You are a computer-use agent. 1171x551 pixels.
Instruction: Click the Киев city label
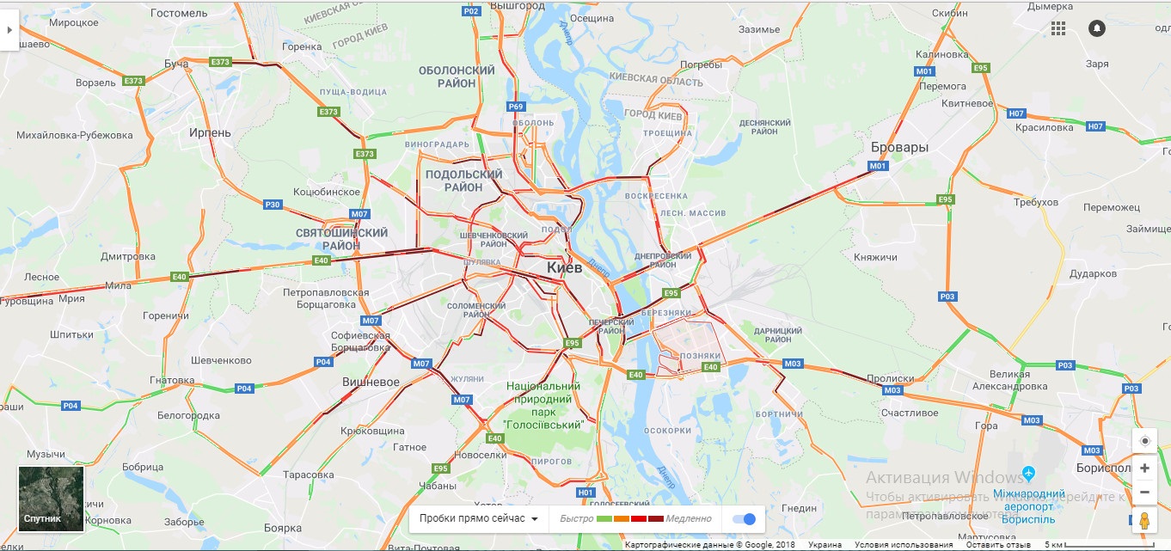(x=564, y=267)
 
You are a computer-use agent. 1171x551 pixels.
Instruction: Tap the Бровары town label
(x=899, y=147)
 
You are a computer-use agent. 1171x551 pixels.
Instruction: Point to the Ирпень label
(x=211, y=132)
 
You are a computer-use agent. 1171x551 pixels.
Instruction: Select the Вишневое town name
(x=371, y=382)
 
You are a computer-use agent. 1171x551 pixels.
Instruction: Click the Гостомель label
(x=179, y=13)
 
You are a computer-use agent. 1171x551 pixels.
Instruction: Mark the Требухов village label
(x=1036, y=201)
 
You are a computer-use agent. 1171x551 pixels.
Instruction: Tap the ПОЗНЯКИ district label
(x=695, y=356)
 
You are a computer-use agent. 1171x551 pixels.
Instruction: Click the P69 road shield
(x=515, y=107)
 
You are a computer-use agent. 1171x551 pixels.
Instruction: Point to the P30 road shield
(x=272, y=204)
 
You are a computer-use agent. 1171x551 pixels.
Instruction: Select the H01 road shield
(x=585, y=492)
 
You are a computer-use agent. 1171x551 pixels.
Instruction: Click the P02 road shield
(x=470, y=11)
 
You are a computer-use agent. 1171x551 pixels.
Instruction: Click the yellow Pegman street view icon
(x=1144, y=520)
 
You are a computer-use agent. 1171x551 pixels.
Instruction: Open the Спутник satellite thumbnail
(x=52, y=499)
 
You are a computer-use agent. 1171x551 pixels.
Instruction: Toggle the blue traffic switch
(x=744, y=518)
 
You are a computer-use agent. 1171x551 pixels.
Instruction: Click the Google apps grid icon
(x=1058, y=28)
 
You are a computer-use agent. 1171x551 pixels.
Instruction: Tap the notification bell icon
(x=1096, y=28)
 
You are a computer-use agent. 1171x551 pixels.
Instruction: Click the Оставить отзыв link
(x=997, y=545)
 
